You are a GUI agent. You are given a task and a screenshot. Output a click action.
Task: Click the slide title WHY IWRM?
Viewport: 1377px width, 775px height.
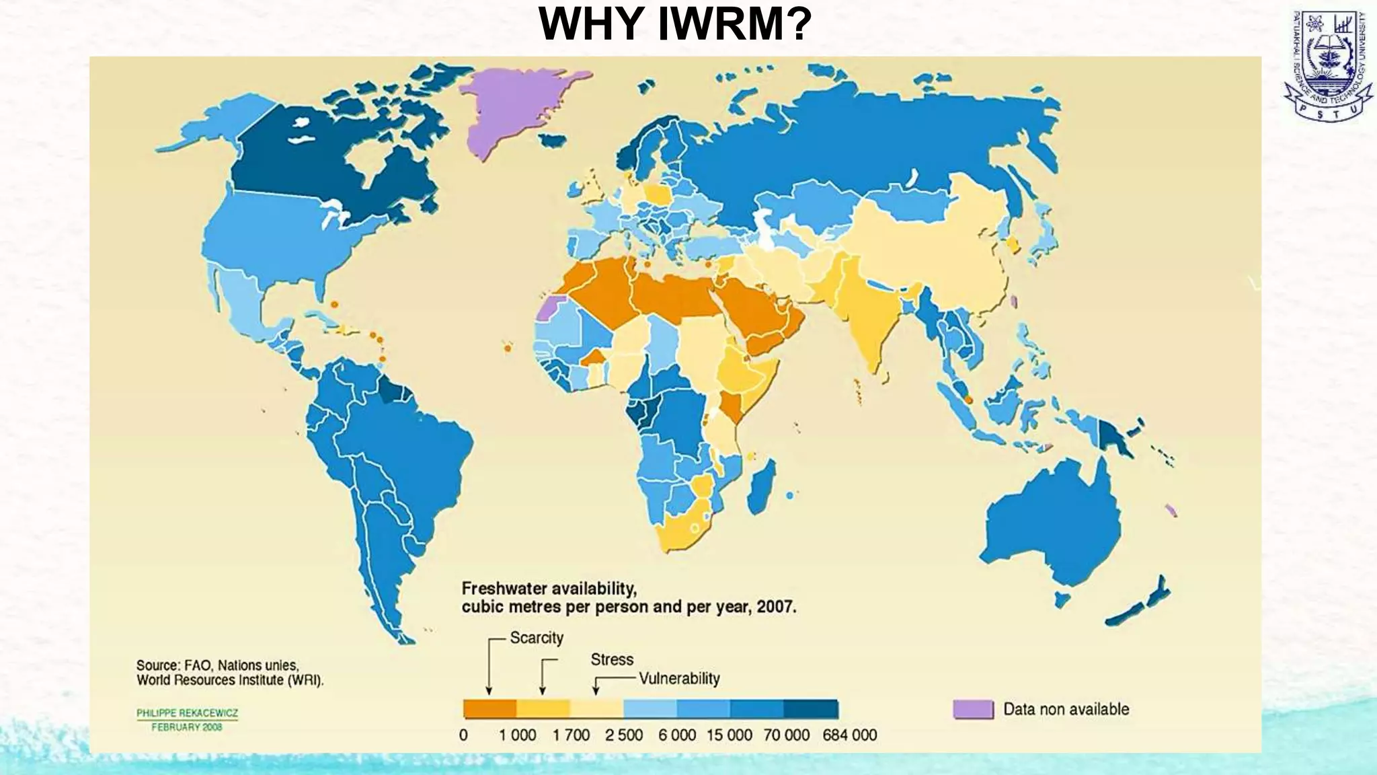(675, 24)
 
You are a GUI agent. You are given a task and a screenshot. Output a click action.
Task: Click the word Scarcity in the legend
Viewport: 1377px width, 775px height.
(536, 638)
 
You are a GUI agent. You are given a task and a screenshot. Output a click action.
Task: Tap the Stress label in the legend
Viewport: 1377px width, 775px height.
(612, 659)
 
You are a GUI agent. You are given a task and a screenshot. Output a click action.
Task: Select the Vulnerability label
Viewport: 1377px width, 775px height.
(679, 678)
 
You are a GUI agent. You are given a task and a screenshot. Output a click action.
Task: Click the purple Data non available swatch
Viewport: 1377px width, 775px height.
(973, 709)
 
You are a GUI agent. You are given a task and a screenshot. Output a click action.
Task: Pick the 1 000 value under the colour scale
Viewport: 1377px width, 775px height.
(517, 735)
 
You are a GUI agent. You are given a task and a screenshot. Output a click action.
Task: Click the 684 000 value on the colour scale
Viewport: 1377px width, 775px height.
(849, 735)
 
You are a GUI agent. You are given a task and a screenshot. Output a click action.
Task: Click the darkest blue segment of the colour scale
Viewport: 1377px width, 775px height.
(811, 709)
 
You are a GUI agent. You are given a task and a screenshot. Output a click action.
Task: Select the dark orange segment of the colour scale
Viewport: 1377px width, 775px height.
(489, 709)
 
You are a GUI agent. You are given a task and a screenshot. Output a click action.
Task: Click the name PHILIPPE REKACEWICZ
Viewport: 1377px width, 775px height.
(187, 713)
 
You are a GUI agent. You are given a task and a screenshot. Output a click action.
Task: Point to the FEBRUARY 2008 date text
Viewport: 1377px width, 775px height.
(186, 727)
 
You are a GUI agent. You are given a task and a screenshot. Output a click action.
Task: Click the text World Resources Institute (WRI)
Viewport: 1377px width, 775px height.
(230, 680)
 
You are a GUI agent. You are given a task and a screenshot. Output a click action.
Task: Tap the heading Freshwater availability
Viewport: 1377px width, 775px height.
(549, 589)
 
